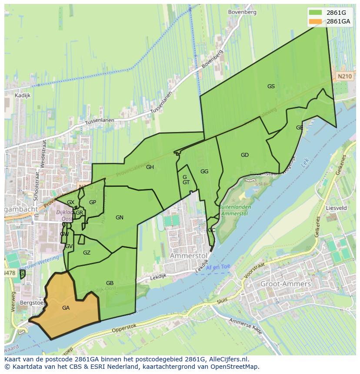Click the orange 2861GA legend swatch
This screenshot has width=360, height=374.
click(316, 21)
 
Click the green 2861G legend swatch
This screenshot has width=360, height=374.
click(316, 13)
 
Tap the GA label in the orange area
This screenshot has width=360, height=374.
click(66, 308)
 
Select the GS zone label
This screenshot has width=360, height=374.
click(271, 86)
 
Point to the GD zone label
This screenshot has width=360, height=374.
click(245, 155)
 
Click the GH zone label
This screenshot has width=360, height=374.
click(150, 167)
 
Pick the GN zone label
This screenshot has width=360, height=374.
click(120, 218)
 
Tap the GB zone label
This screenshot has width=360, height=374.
click(110, 283)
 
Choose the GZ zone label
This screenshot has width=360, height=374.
click(87, 253)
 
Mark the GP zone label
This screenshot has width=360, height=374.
click(93, 202)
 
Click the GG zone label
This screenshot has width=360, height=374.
click(204, 172)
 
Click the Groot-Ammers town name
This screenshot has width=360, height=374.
click(285, 284)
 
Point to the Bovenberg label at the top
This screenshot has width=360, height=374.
click(242, 12)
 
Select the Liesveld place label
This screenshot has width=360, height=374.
click(336, 208)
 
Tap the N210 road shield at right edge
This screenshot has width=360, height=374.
click(344, 76)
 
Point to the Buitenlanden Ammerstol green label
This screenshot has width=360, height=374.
click(234, 211)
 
